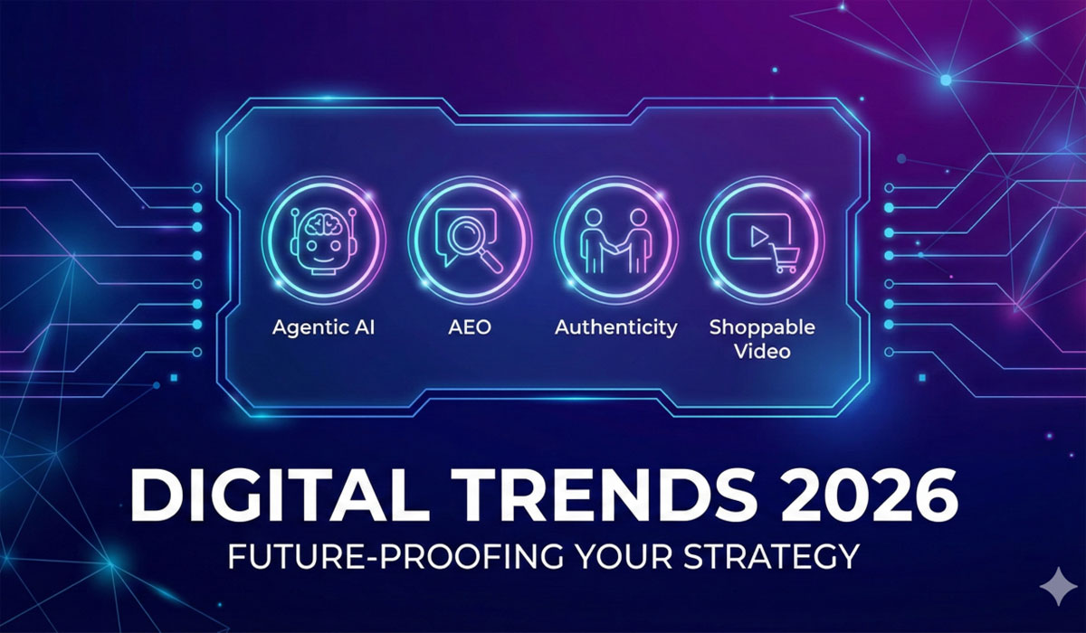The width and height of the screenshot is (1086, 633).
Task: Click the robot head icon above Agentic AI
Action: point(323,238)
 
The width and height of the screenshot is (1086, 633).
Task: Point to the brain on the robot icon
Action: point(323,222)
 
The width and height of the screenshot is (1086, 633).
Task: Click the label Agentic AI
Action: point(323,326)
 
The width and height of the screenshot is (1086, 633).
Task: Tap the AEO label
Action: point(469,326)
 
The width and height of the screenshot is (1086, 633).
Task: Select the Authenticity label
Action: point(615,326)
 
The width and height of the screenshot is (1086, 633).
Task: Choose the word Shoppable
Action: point(762,326)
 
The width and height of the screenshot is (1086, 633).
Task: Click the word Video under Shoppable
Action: point(762,350)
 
